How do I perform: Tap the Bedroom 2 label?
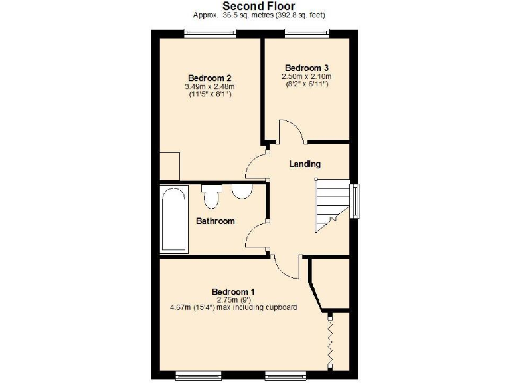(x=209, y=77)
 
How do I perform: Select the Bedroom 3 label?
(x=306, y=68)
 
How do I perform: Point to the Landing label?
(x=305, y=164)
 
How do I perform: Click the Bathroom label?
(x=214, y=221)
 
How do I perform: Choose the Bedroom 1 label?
(x=233, y=291)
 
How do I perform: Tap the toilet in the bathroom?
(x=212, y=196)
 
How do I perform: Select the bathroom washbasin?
(x=241, y=191)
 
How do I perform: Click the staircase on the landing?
(x=331, y=205)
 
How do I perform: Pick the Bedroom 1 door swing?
(x=288, y=268)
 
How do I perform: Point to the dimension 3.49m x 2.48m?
(x=209, y=86)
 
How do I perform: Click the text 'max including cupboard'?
(x=261, y=307)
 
